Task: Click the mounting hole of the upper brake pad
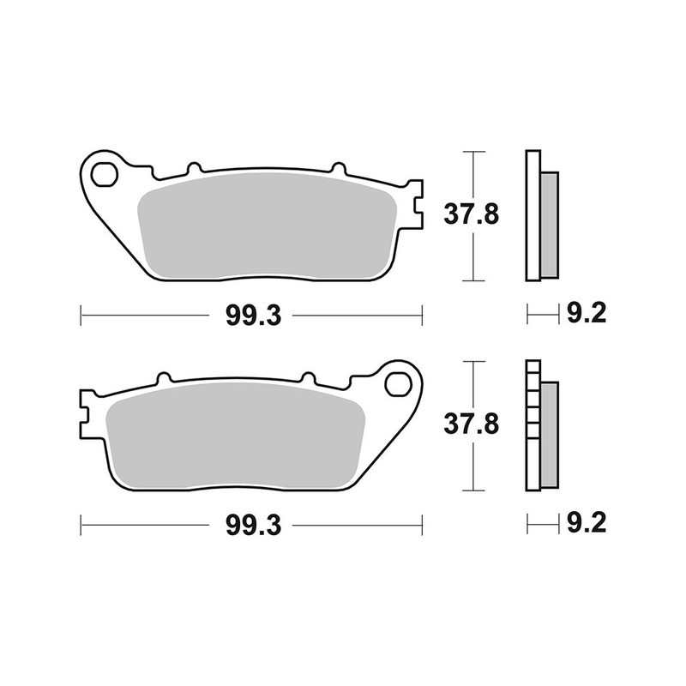pyautogui.click(x=106, y=175)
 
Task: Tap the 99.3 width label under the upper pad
pyautogui.click(x=254, y=316)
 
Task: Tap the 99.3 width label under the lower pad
pyautogui.click(x=254, y=523)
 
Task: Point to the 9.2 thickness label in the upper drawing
pyautogui.click(x=587, y=315)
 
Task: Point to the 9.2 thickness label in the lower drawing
pyautogui.click(x=587, y=523)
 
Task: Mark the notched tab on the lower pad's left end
pyautogui.click(x=87, y=413)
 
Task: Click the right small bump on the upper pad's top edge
pyautogui.click(x=336, y=169)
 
